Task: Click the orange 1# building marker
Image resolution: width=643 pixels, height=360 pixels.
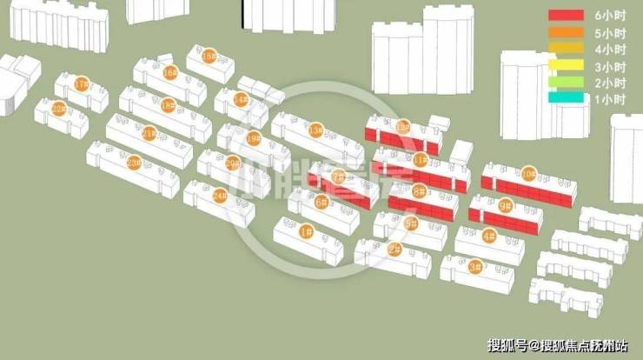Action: [x=306, y=231]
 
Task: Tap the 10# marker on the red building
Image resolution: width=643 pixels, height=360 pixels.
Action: [x=528, y=174]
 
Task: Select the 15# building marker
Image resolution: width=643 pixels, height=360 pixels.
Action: [x=208, y=56]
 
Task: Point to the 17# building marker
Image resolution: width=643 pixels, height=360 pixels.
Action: [x=82, y=84]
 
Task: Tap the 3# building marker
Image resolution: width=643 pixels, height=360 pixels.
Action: [x=475, y=267]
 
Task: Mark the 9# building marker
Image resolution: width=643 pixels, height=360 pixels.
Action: [x=506, y=206]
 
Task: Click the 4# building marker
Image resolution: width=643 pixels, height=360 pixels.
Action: [x=488, y=236]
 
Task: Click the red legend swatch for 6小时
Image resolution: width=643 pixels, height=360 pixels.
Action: [x=565, y=16]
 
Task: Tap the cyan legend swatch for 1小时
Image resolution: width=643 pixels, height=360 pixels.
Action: [x=565, y=99]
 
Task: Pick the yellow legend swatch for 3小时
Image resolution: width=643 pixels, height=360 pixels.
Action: [x=565, y=66]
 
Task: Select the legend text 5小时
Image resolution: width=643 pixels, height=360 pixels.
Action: [x=610, y=33]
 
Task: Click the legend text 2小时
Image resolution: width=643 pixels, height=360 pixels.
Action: [x=610, y=83]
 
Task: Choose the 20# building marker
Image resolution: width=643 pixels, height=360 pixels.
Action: [x=232, y=163]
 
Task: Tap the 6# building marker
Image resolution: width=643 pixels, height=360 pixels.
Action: [x=321, y=203]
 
